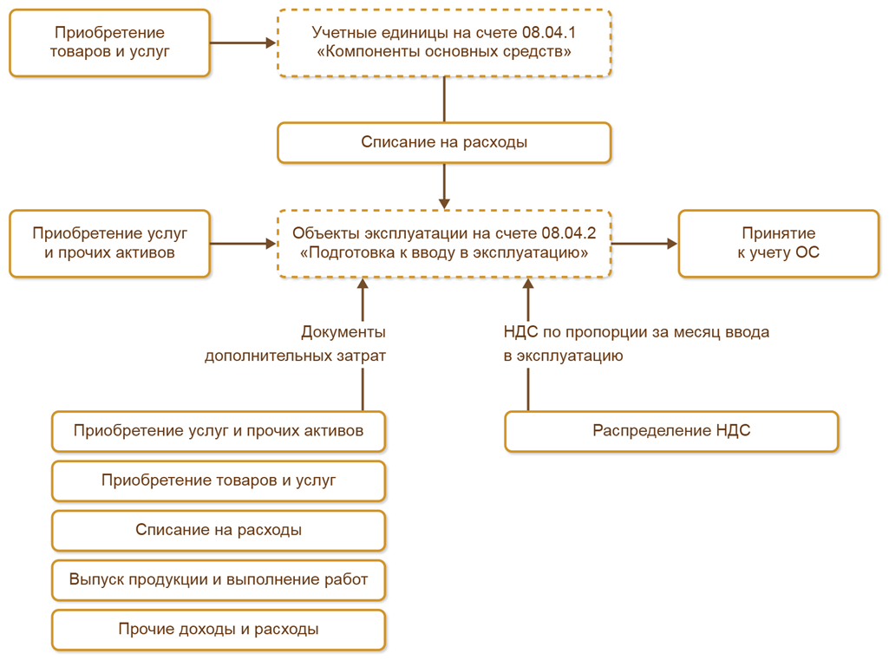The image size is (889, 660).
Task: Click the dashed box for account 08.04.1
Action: (x=444, y=42)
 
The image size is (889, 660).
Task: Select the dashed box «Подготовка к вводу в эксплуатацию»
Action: (x=444, y=243)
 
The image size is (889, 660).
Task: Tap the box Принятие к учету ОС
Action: (x=779, y=243)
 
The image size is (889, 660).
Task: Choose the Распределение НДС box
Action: (x=671, y=431)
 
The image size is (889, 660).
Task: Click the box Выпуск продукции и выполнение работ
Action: (x=219, y=579)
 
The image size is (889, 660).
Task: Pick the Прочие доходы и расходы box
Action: (x=219, y=629)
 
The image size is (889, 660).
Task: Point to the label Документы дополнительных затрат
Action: (x=296, y=343)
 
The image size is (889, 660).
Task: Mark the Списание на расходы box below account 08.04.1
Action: (x=444, y=142)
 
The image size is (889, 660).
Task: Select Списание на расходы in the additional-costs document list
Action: (x=219, y=530)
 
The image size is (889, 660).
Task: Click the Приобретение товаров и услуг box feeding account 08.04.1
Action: (x=109, y=42)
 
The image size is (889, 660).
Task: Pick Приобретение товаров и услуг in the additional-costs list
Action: (x=219, y=480)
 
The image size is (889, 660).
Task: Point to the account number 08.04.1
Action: (x=550, y=32)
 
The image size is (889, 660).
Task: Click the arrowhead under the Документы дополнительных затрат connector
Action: (x=363, y=285)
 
